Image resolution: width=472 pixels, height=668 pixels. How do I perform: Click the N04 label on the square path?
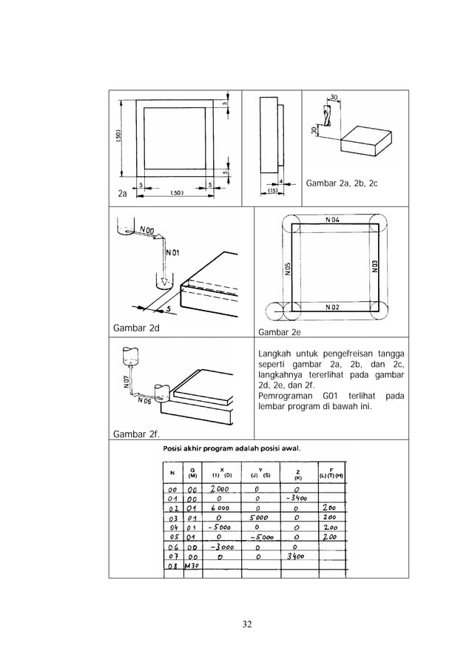pos(331,220)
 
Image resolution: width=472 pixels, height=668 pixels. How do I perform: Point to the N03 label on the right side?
pos(375,266)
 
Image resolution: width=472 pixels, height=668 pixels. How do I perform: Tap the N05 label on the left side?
pos(287,270)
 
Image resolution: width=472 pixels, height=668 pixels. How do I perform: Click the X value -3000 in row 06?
pos(221,547)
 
